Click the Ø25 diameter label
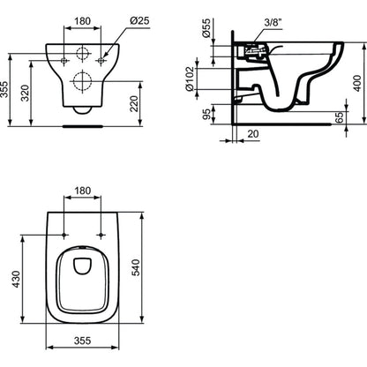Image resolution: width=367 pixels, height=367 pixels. coord(139,21)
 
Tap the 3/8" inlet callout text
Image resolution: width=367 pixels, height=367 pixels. coord(273,23)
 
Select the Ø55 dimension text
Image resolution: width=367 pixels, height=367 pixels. coord(206,28)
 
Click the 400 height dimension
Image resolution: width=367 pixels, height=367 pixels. coord(357,83)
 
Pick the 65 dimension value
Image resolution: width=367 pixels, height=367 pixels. coord(339,117)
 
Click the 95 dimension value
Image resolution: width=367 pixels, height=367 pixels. coord(206,115)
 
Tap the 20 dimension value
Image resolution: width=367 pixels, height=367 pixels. coord(253,134)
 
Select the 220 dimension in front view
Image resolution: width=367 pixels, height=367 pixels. coord(134,103)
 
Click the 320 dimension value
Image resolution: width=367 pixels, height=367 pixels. coord(25,94)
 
